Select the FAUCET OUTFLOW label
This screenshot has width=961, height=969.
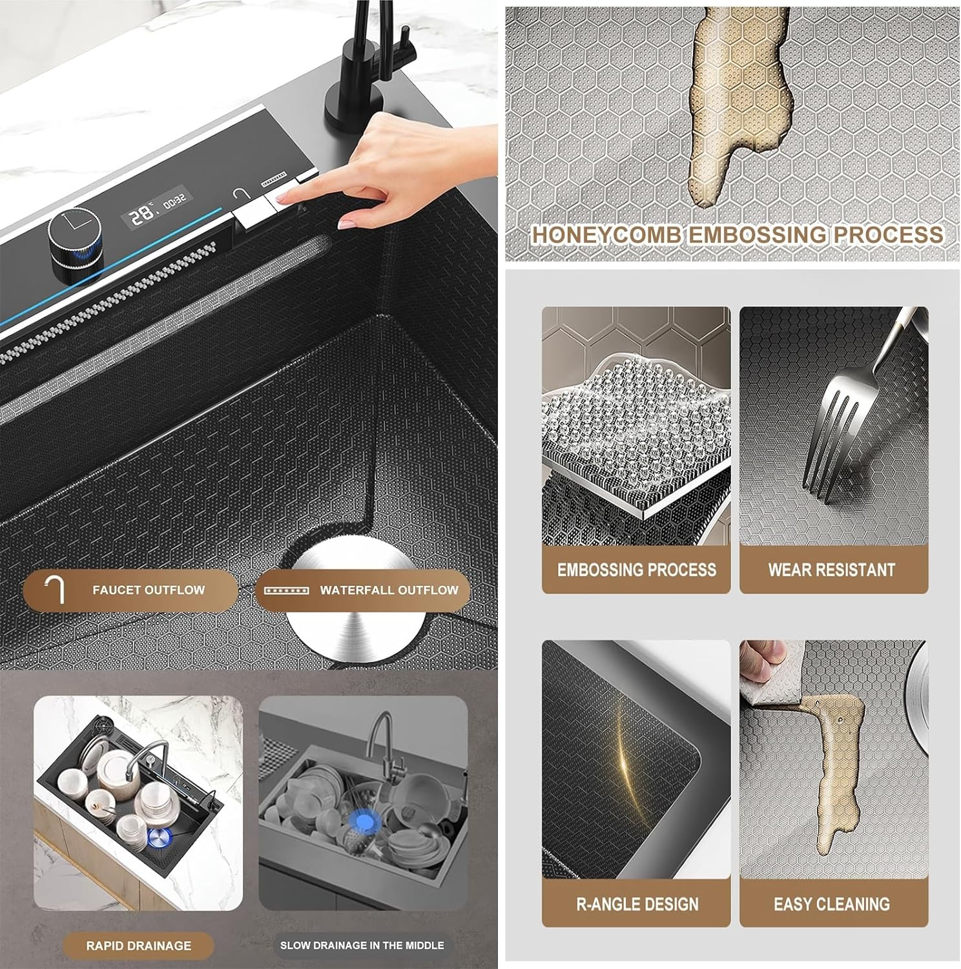click(x=148, y=590)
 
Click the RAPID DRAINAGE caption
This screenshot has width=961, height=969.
click(x=139, y=946)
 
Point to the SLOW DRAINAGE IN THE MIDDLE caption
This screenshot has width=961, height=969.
click(x=362, y=945)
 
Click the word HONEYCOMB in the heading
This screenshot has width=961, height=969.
click(x=604, y=234)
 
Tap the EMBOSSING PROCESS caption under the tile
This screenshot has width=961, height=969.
click(x=636, y=570)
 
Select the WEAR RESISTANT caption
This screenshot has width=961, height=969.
click(x=832, y=570)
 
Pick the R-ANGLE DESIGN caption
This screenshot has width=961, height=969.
click(x=637, y=904)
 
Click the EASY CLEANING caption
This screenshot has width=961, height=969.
click(x=832, y=904)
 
